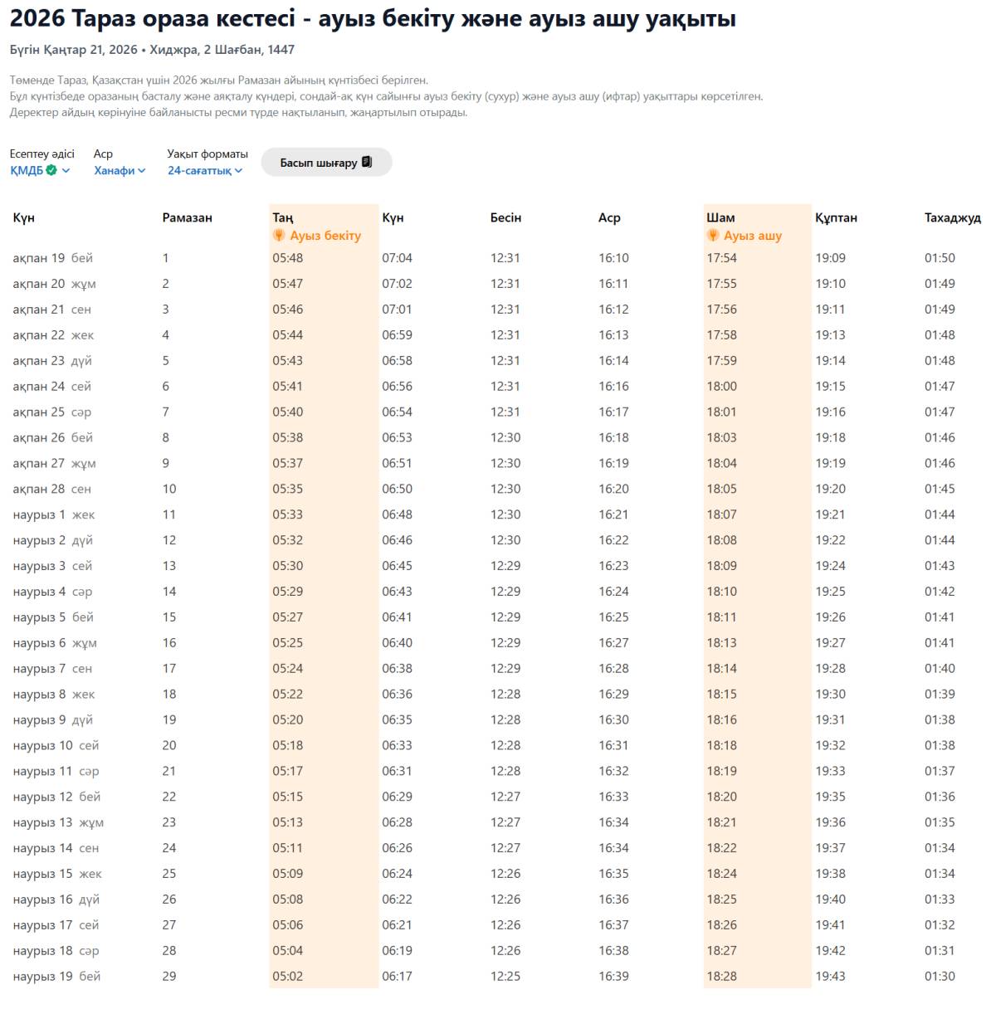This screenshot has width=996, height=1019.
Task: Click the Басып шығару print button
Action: [326, 163]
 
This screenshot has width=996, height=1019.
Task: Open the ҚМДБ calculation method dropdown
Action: [40, 170]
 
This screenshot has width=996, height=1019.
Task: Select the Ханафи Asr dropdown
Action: [120, 170]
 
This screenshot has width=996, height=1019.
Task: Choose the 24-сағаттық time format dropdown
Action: [205, 170]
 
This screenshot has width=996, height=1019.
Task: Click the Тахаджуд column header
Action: [952, 217]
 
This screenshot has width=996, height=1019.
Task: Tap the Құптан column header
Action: [836, 217]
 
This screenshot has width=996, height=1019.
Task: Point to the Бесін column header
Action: [505, 217]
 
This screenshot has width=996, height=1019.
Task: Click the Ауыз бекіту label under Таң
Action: [325, 236]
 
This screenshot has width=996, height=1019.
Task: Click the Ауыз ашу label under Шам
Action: [752, 236]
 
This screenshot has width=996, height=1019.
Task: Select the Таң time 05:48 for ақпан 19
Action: [288, 258]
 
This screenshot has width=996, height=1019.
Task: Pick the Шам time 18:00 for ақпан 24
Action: [721, 386]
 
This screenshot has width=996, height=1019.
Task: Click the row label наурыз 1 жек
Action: [53, 514]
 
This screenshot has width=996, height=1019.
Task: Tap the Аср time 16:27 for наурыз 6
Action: [613, 642]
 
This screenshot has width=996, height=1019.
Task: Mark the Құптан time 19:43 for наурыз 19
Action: [830, 976]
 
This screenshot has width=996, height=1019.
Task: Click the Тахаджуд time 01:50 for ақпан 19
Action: [940, 258]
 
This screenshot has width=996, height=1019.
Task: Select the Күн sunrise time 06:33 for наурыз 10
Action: [397, 745]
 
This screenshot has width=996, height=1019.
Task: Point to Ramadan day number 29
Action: [169, 976]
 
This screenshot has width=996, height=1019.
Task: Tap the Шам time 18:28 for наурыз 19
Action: [721, 976]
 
